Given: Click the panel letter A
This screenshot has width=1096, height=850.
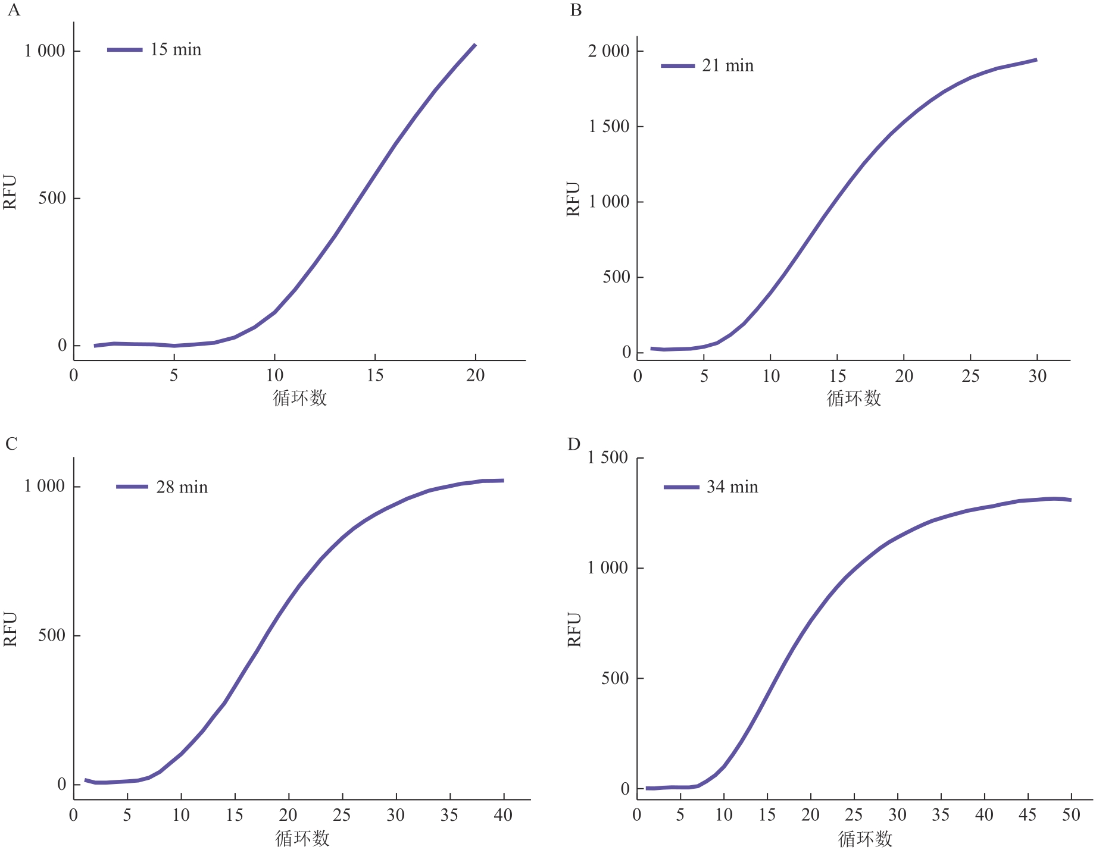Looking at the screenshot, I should [13, 11].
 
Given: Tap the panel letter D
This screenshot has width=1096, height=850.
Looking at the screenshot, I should [574, 444].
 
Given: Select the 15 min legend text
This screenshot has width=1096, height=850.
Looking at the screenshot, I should [176, 49].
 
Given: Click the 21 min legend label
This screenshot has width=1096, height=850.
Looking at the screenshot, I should [727, 65].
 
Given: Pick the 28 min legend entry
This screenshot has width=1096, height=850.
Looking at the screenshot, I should [182, 487].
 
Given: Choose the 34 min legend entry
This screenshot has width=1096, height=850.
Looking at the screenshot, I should [732, 487].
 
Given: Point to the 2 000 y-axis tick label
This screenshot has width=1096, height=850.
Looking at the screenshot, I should [608, 51].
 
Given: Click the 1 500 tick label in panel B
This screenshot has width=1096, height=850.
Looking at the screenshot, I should [608, 126].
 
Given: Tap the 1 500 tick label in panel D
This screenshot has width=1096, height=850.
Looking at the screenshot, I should [607, 457].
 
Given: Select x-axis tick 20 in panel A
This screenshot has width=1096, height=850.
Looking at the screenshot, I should [475, 375].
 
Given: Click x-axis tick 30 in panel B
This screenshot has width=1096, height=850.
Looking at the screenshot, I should [1037, 376].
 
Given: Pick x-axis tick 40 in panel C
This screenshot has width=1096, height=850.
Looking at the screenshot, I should [503, 815].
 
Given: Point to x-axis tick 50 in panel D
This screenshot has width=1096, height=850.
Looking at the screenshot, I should [1070, 815].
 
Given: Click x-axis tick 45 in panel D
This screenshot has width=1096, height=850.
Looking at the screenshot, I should [1028, 815].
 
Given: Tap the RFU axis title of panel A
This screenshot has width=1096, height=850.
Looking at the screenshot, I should [10, 192].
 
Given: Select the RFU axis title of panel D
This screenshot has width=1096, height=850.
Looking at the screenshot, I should [574, 629].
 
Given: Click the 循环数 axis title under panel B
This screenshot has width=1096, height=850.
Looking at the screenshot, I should [854, 398].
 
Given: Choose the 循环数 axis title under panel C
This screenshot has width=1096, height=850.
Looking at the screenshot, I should [302, 838].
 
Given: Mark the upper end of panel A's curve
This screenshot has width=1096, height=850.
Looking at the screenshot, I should [474, 45].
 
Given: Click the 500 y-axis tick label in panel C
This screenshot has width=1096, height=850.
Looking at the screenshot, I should [51, 635].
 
